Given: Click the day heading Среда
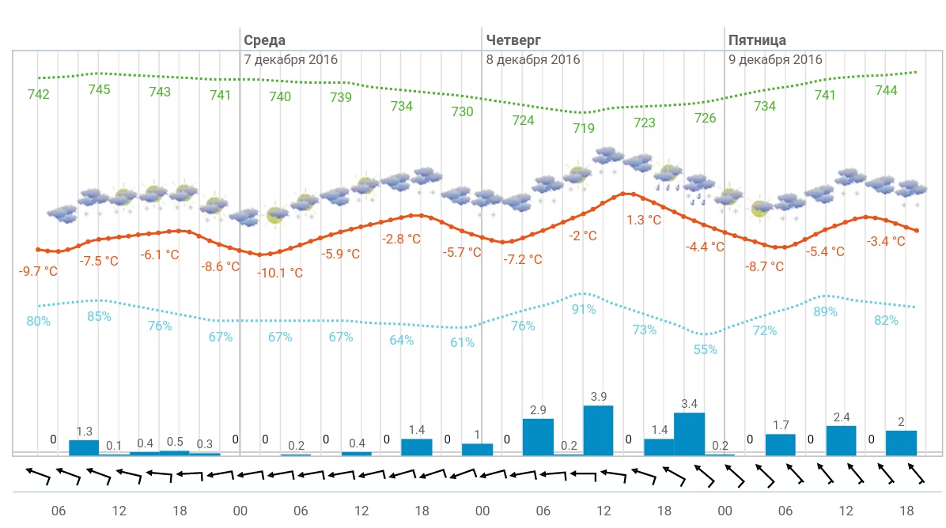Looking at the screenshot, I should (264, 40).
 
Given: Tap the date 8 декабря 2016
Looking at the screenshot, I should (533, 59).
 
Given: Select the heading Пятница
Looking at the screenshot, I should (757, 40).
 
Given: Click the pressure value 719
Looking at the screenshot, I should (584, 128).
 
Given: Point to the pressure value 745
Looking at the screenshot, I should (99, 89).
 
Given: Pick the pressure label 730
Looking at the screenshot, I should (462, 111).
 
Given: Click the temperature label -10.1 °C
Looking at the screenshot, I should (280, 273).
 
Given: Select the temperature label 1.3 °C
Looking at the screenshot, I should (644, 220).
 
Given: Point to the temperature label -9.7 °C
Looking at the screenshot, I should (38, 271).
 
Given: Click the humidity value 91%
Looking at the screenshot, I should (584, 309).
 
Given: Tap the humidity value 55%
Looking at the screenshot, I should (706, 349).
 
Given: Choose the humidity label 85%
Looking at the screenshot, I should (99, 317).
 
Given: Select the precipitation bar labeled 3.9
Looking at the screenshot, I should (599, 430).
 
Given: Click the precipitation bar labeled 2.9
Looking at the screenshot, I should (538, 436).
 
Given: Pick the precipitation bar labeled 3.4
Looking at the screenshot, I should (689, 433).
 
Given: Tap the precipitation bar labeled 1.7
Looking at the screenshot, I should (781, 444).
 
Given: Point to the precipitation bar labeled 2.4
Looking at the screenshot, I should (841, 439).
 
